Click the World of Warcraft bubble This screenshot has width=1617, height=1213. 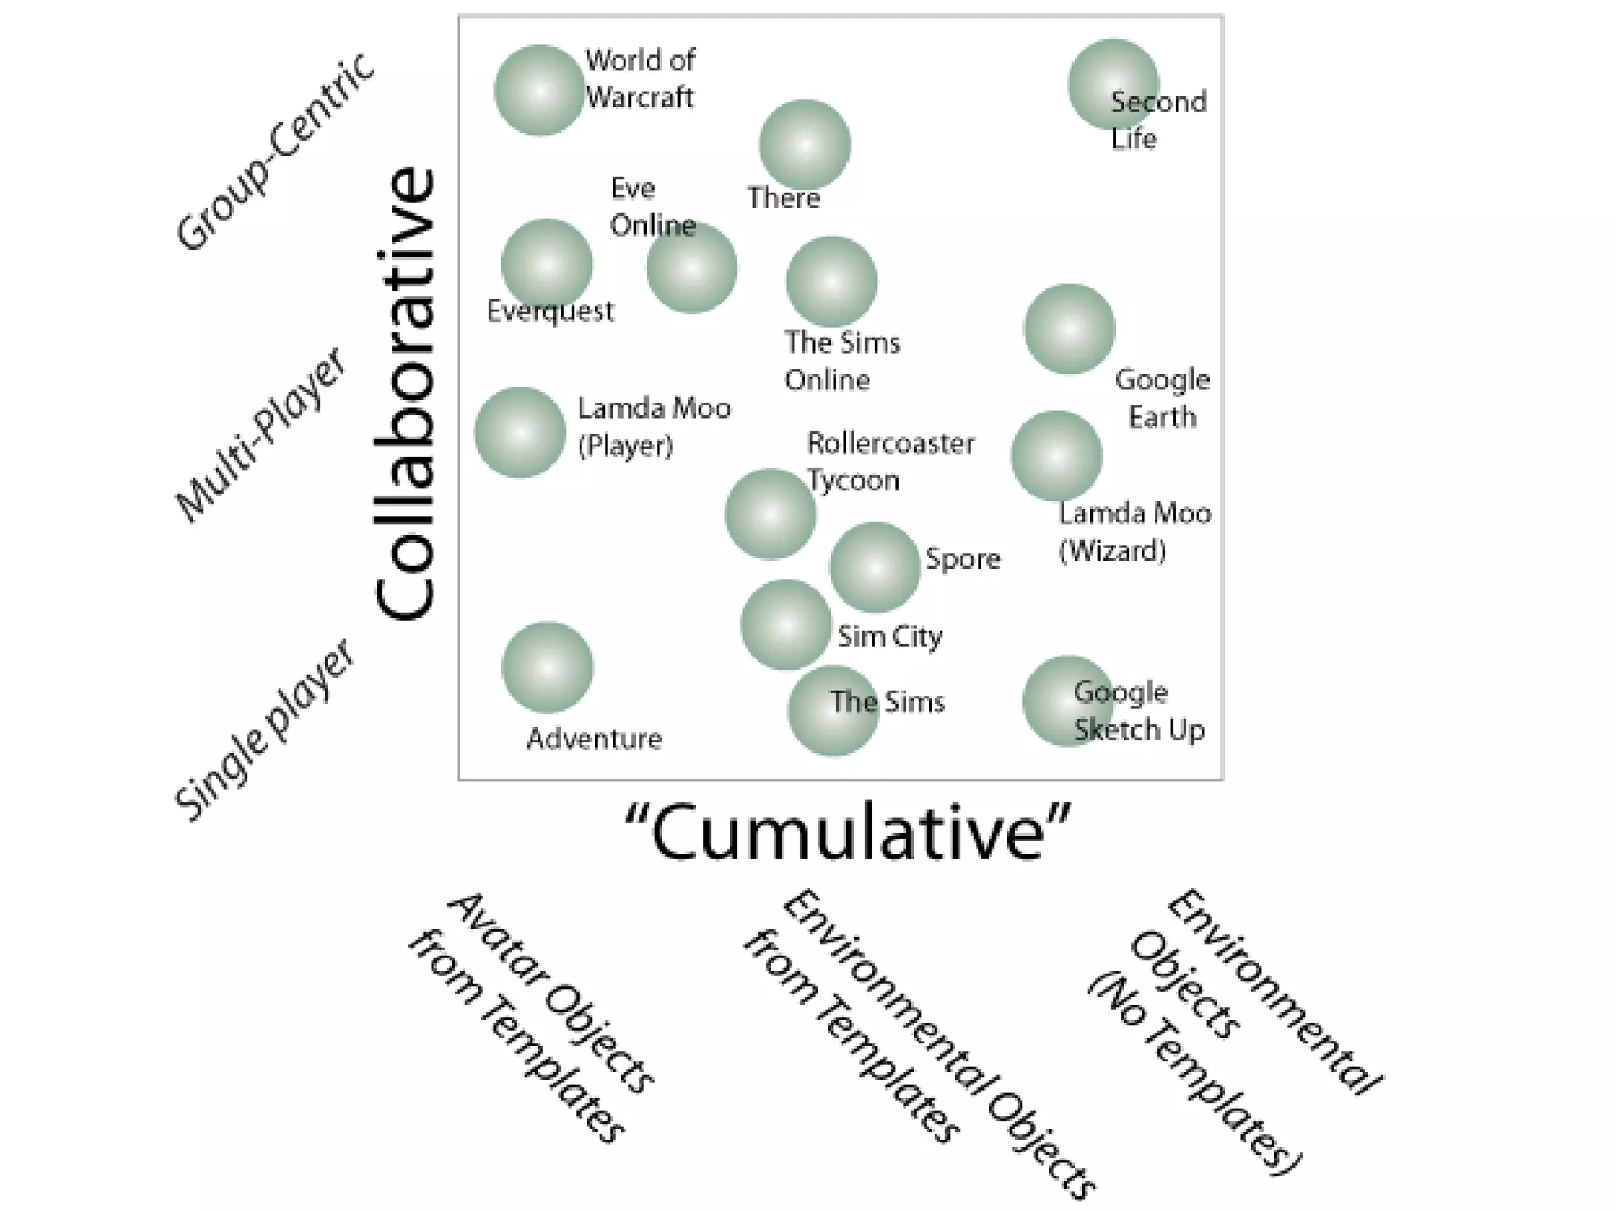tap(539, 90)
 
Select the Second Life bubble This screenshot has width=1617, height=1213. tap(1112, 84)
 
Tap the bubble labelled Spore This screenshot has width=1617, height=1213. tap(874, 567)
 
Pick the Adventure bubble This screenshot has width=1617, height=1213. tap(547, 667)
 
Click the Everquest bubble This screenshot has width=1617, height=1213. tap(546, 264)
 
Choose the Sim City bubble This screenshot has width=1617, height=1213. tap(786, 625)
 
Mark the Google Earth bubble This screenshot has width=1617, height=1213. tap(1069, 329)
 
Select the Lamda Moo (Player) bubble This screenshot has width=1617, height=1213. tap(520, 432)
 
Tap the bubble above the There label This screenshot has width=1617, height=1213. tap(805, 145)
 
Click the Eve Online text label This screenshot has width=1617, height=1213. tap(652, 207)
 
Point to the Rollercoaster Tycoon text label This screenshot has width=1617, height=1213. tap(890, 462)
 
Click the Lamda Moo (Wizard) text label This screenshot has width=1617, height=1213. tap(1134, 532)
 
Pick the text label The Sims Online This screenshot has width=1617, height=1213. tap(842, 361)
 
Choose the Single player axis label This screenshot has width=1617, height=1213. tap(265, 730)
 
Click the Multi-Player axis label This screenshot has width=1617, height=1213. tap(261, 435)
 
